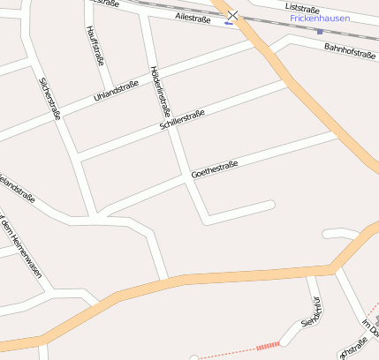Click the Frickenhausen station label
click(x=319, y=18)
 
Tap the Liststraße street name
click(x=304, y=7)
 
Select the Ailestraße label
click(x=193, y=17)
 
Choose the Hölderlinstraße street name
click(x=160, y=92)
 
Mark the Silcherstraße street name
click(x=49, y=98)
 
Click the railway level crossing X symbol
click(x=232, y=15)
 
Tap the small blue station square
click(x=319, y=32)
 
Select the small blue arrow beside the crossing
click(x=228, y=24)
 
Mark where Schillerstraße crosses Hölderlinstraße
click(x=172, y=124)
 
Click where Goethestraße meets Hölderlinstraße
click(x=188, y=176)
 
